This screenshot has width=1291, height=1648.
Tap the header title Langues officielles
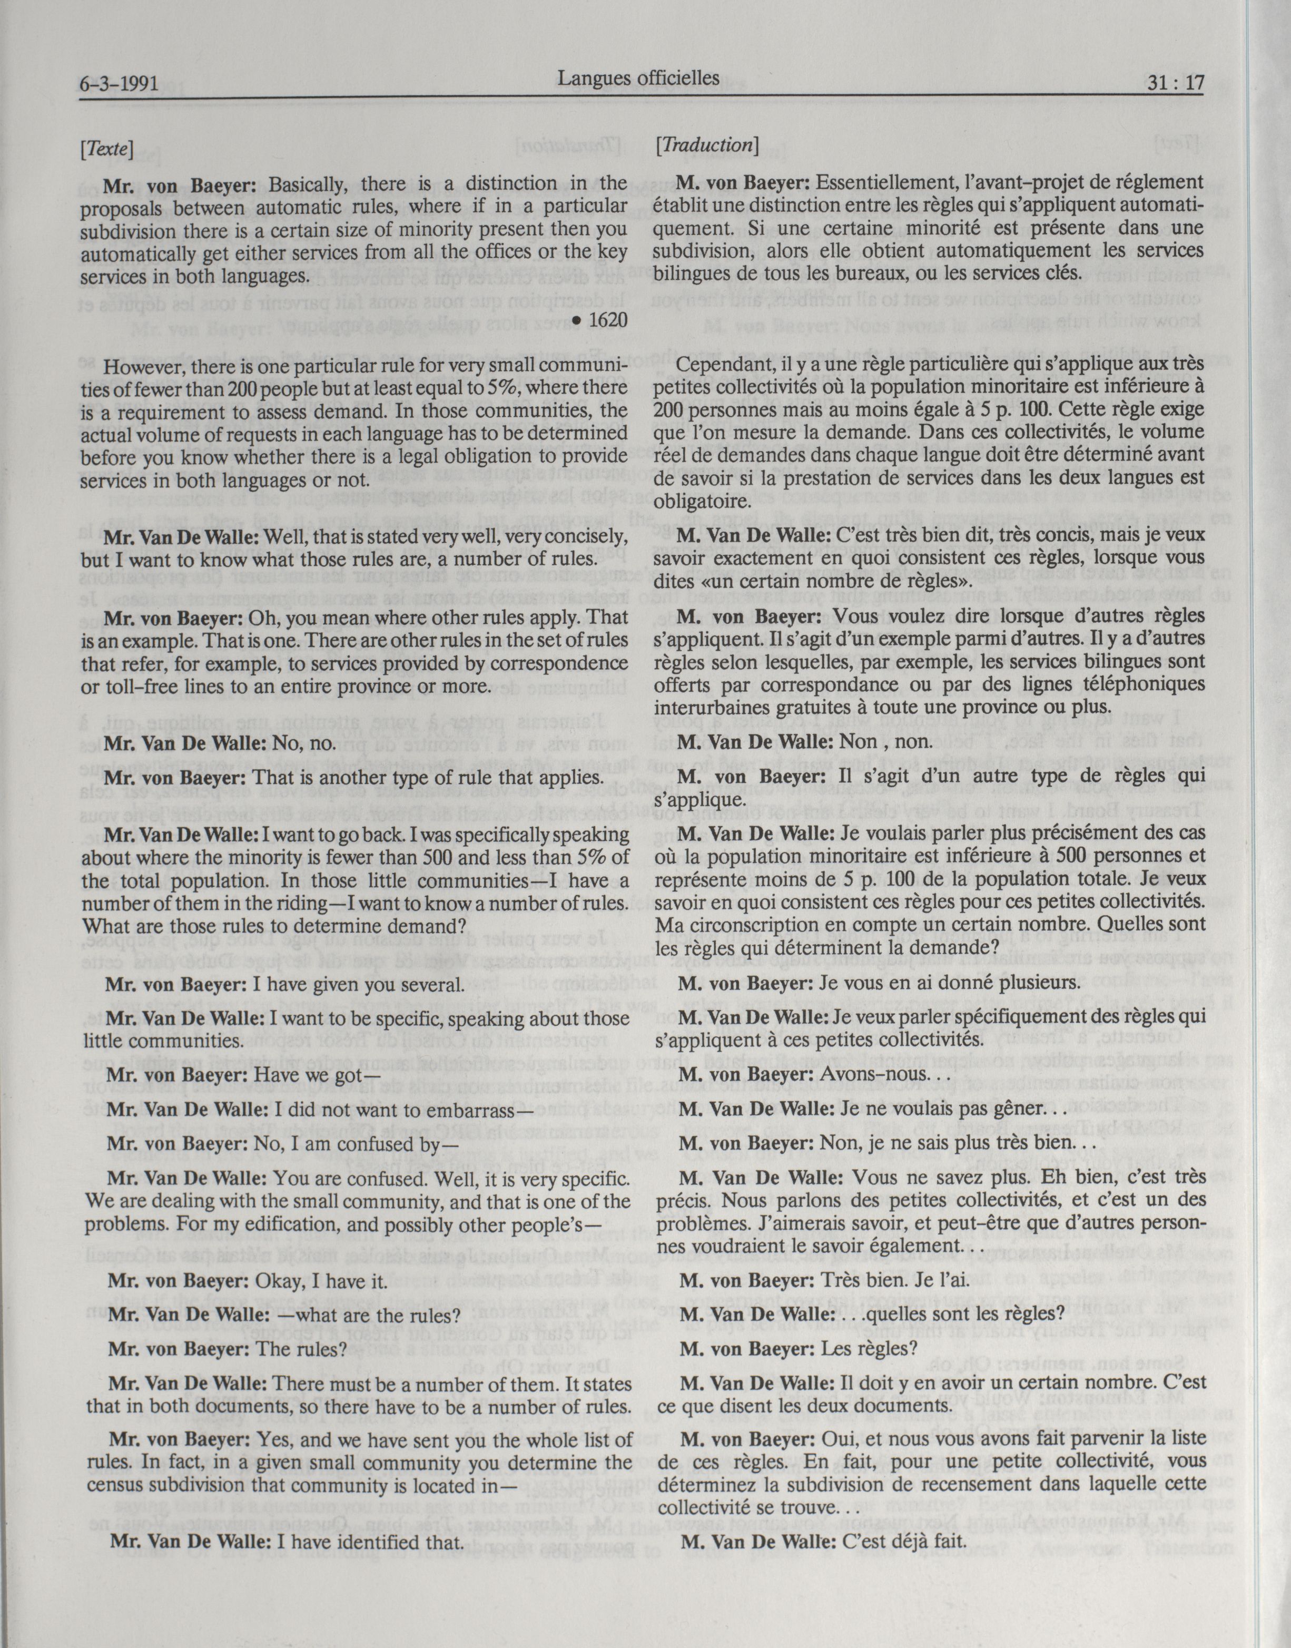click(x=639, y=77)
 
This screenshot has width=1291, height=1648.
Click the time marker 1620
click(x=608, y=320)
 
